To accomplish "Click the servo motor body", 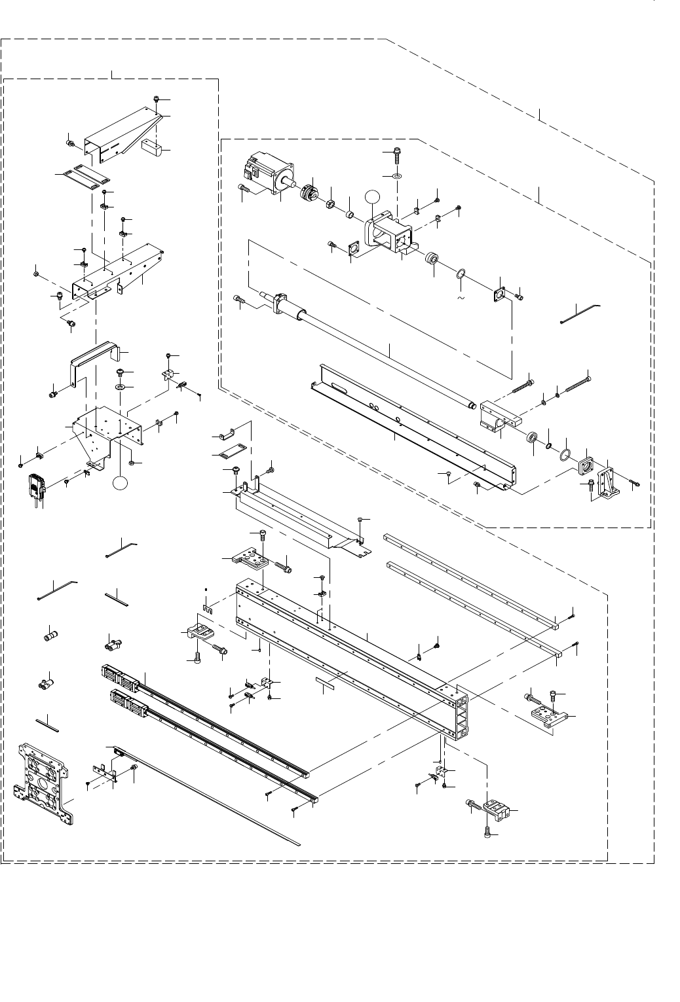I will pyautogui.click(x=266, y=172).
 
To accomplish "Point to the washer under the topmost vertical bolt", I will pyautogui.click(x=397, y=176).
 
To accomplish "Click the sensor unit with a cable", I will pyautogui.click(x=35, y=486).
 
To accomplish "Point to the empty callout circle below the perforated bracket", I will pyautogui.click(x=119, y=482).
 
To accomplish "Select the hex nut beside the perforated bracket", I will pyautogui.click(x=132, y=463).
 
